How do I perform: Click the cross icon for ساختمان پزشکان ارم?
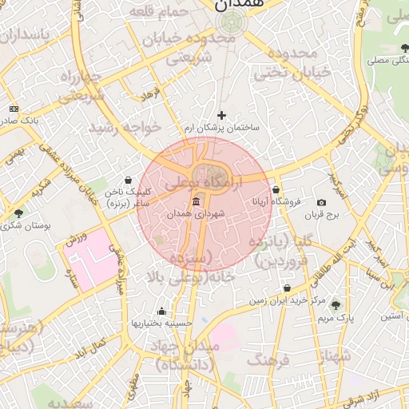pos(222,116)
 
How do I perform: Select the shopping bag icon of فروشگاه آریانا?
pos(276,190)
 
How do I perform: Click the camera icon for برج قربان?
pos(321,203)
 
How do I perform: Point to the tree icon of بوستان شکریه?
pos(18,213)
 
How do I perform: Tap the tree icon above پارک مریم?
pos(335,304)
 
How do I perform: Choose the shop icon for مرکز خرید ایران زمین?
pos(286,288)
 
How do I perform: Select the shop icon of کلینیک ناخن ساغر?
pos(129,181)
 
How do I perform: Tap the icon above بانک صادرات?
pos(14,108)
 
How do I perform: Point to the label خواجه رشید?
pos(125,127)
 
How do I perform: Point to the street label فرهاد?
pos(151,96)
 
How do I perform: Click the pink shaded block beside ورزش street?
pos(89,257)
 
